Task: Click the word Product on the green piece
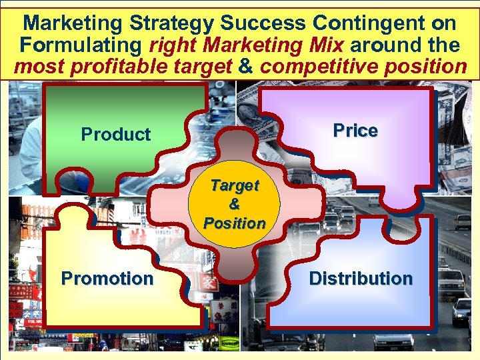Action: tap(116, 135)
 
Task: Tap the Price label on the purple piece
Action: tap(355, 131)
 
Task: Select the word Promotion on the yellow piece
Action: tap(107, 278)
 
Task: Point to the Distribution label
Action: tap(361, 278)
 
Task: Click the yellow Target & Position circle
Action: tap(235, 204)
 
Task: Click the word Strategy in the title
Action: tap(174, 24)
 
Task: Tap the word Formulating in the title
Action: tap(79, 45)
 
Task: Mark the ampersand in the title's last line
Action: tap(245, 67)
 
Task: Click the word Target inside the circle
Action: tap(235, 185)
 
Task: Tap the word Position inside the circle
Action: tap(235, 223)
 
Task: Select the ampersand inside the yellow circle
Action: tap(235, 204)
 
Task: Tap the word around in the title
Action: tap(382, 45)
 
